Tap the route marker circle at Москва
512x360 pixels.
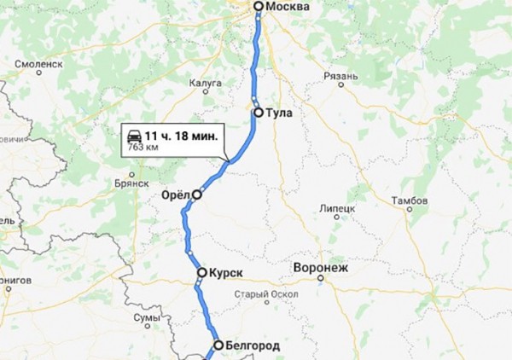click(x=259, y=7)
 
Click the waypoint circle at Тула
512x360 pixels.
click(x=258, y=112)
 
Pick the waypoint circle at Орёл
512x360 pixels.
click(x=197, y=195)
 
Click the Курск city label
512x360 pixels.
click(x=226, y=274)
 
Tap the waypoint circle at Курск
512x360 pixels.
click(x=201, y=274)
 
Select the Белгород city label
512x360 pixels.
click(x=252, y=345)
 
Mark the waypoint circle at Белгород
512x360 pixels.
click(x=218, y=345)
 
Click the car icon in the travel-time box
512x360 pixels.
click(x=135, y=136)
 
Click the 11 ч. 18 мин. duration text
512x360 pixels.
click(x=181, y=136)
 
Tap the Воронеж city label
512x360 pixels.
click(x=320, y=267)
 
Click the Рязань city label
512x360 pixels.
click(x=340, y=77)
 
